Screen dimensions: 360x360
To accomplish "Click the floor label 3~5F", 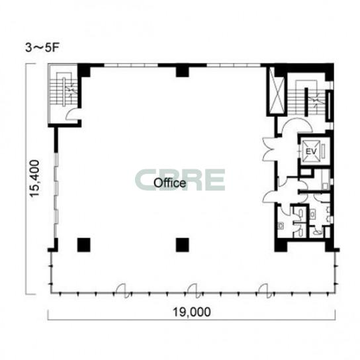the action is coord(42,48).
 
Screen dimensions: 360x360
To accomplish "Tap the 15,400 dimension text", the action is coord(35,179).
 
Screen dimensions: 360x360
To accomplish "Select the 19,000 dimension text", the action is coord(191,312).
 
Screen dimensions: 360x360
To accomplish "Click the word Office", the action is coord(170,183).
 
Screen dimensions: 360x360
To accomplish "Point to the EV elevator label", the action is coord(311,152).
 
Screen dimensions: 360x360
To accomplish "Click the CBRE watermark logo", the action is coord(180,180).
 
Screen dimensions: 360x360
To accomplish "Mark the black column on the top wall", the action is coord(183,71).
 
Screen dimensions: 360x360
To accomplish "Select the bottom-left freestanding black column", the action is coord(84,245).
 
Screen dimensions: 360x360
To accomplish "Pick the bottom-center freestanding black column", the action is coord(183,245).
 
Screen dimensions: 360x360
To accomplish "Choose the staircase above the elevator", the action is coord(308,97).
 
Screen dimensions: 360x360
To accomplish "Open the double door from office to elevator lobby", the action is coord(269,150).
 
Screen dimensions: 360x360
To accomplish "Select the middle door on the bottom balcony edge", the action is coord(195,291).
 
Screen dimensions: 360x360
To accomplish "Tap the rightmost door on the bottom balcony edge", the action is coord(266,291).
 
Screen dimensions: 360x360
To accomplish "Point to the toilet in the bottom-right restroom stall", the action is coord(318,232).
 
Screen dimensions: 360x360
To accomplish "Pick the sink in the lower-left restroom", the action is coord(281,226).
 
